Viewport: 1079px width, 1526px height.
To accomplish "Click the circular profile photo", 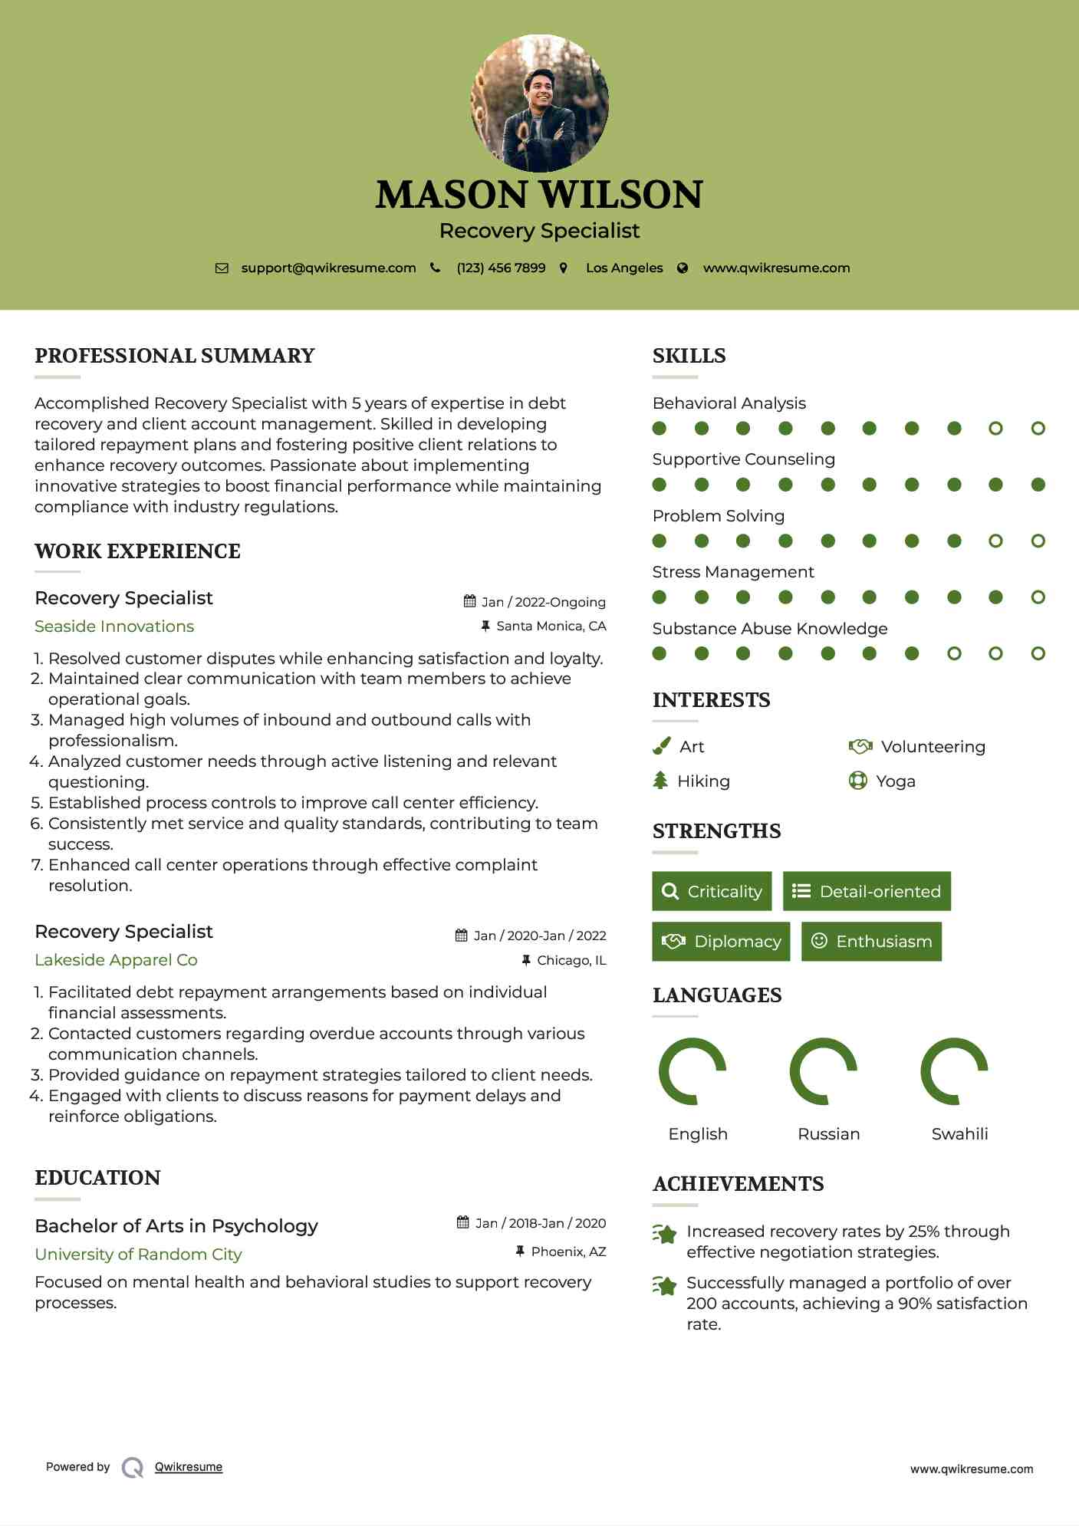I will click(x=539, y=103).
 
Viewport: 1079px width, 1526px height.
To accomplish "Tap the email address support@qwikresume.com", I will click(x=328, y=268).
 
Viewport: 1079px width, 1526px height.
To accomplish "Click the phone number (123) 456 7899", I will click(x=501, y=268).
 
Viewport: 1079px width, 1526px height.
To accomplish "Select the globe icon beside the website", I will click(x=683, y=268).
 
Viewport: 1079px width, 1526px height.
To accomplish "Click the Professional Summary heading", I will click(x=175, y=356).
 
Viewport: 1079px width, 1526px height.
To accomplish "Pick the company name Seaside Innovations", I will click(x=114, y=627).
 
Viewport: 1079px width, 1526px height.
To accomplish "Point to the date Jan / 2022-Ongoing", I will click(x=543, y=602).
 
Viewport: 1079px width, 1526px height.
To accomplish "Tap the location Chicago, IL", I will click(x=571, y=960).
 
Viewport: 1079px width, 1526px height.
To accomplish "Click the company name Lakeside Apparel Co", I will click(x=116, y=960).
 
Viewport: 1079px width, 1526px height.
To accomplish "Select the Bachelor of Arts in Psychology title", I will click(x=176, y=1226).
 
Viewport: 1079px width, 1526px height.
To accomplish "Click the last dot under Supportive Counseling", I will click(x=1038, y=485).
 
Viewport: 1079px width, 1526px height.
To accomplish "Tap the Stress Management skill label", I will click(x=732, y=572).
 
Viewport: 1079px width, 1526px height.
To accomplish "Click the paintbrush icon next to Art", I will click(x=661, y=746).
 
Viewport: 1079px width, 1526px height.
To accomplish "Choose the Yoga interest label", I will click(x=896, y=781).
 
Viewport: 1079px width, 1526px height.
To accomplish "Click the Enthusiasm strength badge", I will click(x=871, y=942).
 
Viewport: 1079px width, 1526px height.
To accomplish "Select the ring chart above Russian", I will click(x=824, y=1071).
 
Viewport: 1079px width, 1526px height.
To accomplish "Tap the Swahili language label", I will click(x=959, y=1134).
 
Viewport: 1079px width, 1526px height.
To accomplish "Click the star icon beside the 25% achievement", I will click(x=664, y=1235).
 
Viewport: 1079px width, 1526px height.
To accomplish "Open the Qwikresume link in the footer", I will click(x=189, y=1467).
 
